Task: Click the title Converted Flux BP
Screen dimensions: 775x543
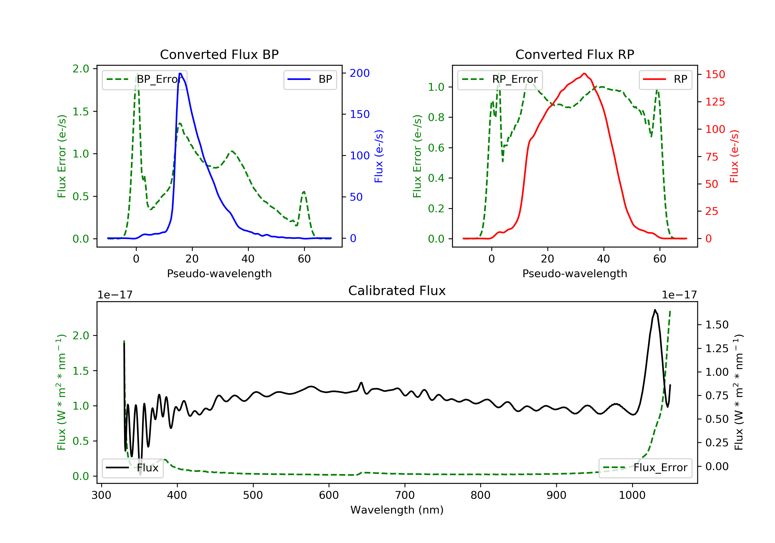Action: click(x=219, y=54)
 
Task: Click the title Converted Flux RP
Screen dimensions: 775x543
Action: click(x=575, y=54)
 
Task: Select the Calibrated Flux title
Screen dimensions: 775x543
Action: click(x=397, y=291)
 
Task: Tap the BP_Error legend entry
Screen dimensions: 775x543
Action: click(x=144, y=79)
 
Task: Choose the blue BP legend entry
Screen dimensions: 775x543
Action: click(x=310, y=79)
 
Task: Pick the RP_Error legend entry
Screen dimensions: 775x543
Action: click(x=500, y=79)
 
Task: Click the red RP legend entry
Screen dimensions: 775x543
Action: click(x=665, y=79)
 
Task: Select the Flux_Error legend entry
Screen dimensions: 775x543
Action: click(x=645, y=468)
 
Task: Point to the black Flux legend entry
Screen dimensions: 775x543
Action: click(x=132, y=468)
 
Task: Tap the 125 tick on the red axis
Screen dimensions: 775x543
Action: click(x=715, y=102)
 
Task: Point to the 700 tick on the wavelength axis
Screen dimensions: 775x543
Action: click(x=405, y=495)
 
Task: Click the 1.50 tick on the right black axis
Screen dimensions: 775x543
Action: click(x=717, y=325)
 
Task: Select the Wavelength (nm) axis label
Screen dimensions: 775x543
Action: click(x=397, y=510)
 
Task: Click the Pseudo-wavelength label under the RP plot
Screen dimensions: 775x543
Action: click(x=575, y=273)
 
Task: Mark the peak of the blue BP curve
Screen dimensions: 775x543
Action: click(x=180, y=74)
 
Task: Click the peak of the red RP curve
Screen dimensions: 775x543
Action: click(x=584, y=74)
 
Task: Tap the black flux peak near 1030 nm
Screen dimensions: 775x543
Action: click(x=655, y=310)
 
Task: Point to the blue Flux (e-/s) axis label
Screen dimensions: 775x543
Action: click(x=379, y=156)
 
